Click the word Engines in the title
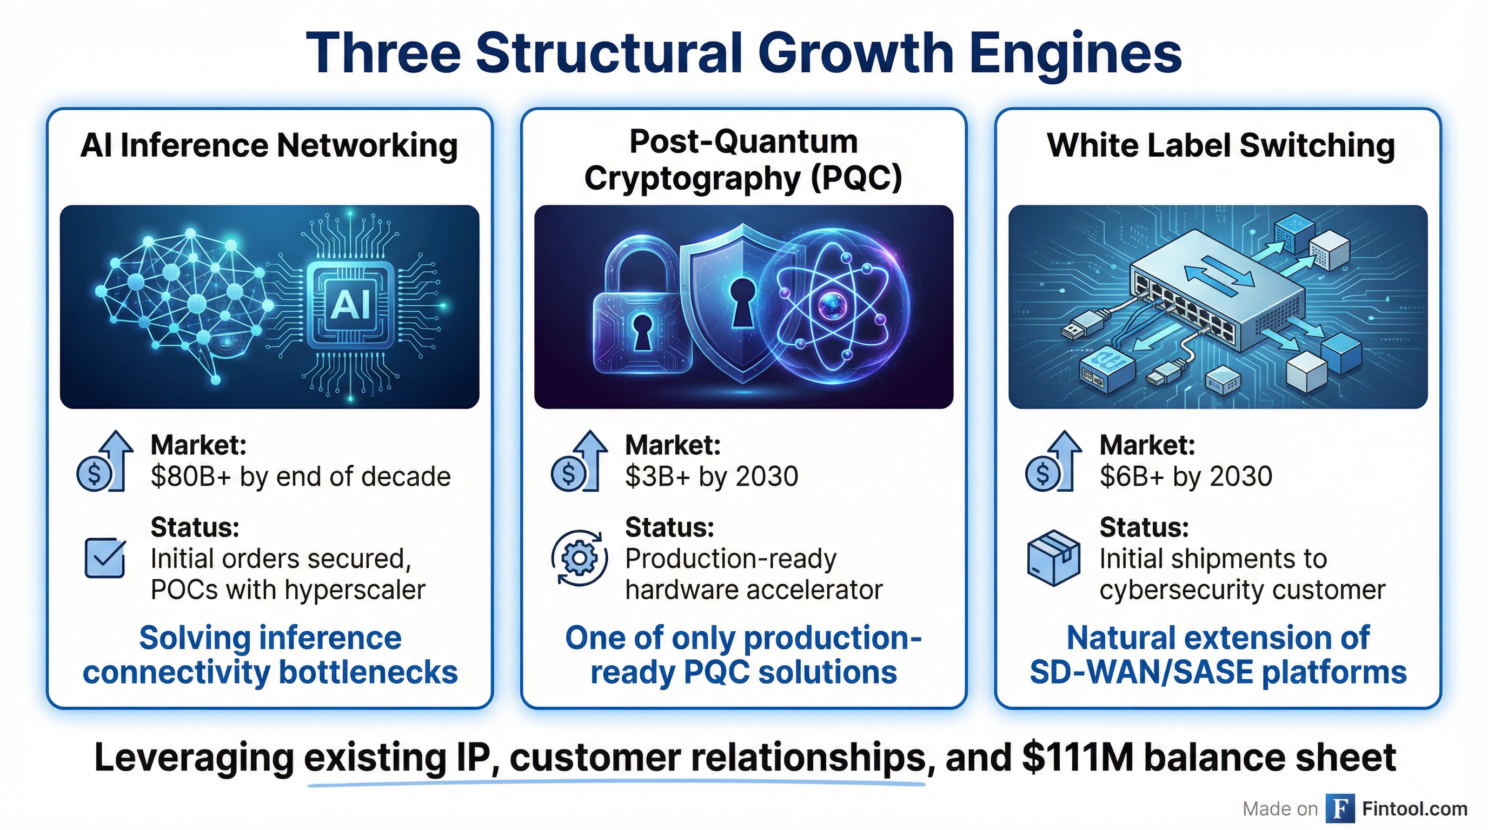1075,53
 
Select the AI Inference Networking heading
269,145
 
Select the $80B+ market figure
191,477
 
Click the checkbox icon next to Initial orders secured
105,558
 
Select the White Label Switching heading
1220,145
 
